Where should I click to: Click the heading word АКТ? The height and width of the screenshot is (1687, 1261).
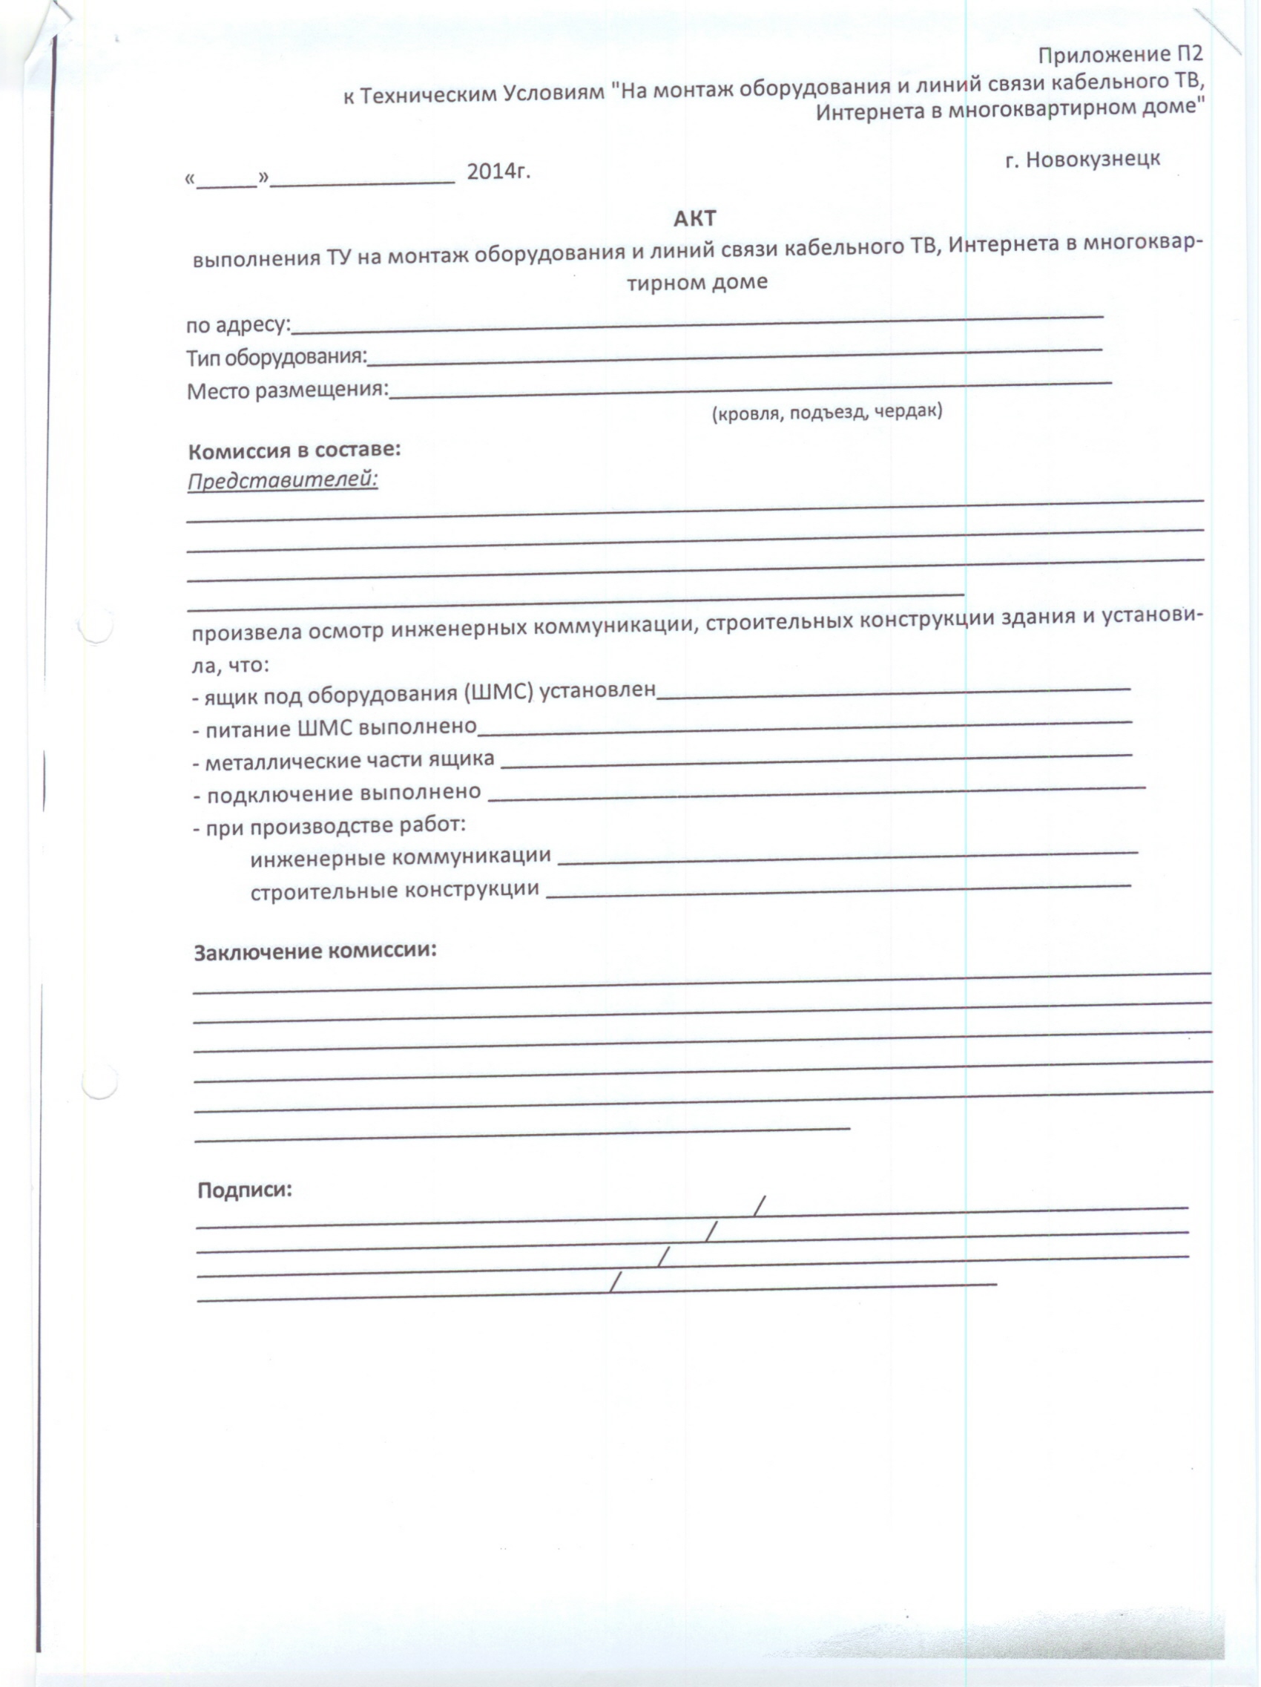click(694, 219)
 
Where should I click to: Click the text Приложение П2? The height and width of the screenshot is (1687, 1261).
click(1120, 55)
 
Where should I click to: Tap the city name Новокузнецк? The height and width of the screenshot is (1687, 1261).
click(1093, 159)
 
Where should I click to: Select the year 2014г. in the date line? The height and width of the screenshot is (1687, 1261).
click(498, 171)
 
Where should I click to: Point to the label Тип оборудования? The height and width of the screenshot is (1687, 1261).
click(277, 357)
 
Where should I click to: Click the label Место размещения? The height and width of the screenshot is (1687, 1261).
click(287, 390)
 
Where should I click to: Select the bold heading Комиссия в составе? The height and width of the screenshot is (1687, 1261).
click(294, 450)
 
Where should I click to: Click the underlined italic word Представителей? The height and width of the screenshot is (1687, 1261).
click(283, 480)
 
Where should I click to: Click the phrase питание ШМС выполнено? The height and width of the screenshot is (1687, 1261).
click(340, 727)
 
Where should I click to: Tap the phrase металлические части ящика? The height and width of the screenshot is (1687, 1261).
click(349, 760)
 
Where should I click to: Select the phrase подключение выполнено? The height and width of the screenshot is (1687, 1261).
click(344, 793)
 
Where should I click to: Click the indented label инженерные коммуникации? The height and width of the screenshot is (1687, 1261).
click(401, 856)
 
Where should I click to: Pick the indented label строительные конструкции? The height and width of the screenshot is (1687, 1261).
click(395, 890)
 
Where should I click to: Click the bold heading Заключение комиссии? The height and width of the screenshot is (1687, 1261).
click(316, 951)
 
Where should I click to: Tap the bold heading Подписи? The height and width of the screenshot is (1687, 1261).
click(245, 1190)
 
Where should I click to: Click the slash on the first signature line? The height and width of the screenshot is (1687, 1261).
click(759, 1205)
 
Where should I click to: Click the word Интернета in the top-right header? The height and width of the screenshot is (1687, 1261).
click(865, 111)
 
